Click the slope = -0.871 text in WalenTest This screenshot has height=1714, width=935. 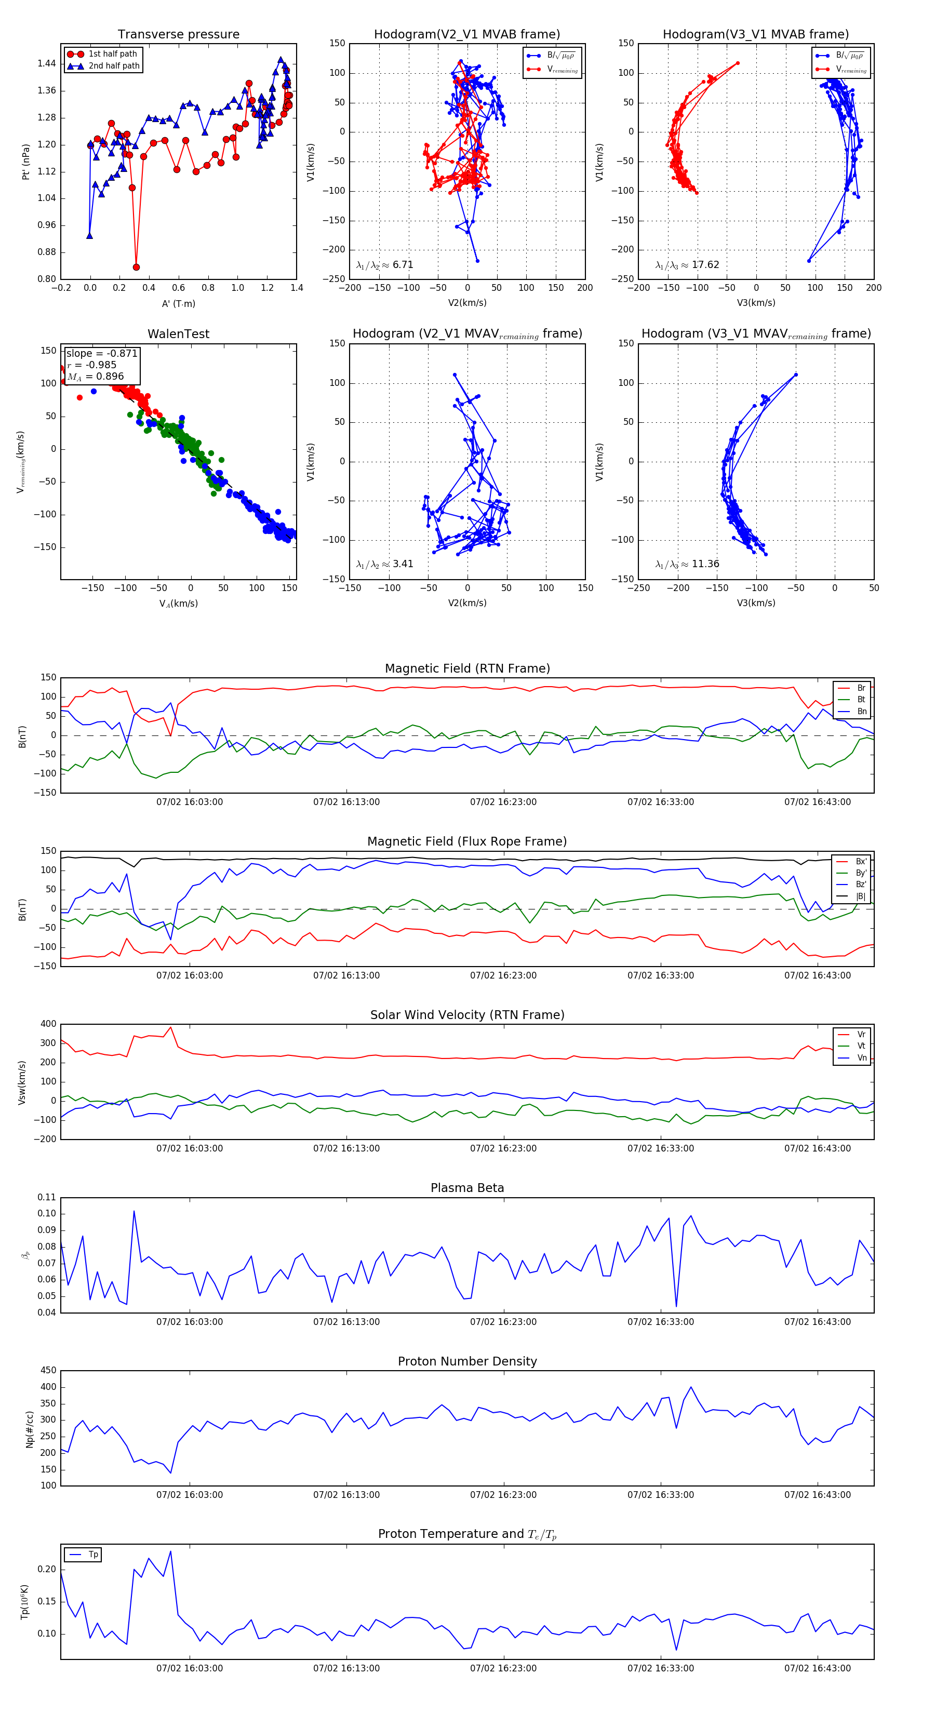pos(101,353)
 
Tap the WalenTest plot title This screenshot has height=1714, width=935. pos(178,334)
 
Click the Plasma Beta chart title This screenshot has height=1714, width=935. pos(467,1188)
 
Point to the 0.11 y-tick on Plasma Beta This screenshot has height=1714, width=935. pos(47,1197)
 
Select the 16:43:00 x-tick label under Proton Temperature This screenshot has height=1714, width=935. pos(817,1668)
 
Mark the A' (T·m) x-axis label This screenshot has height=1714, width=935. pos(178,304)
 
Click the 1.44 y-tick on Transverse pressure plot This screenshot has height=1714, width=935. pos(47,64)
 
